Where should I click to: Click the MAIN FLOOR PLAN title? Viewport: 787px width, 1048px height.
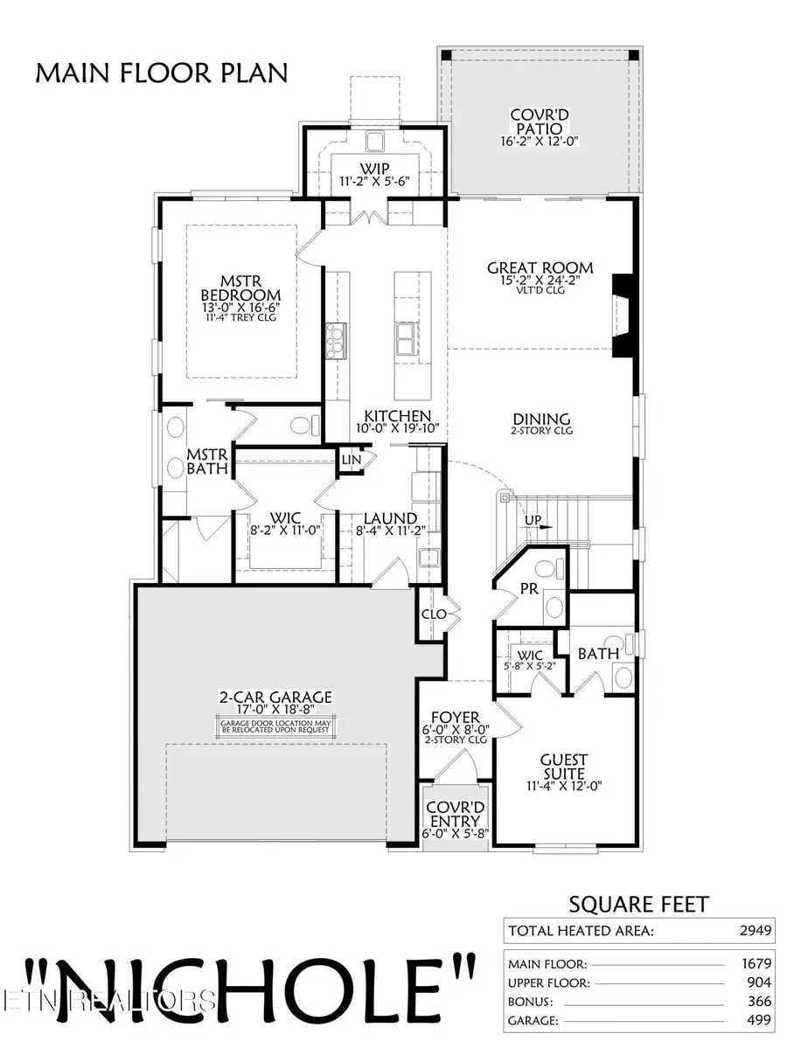tap(161, 73)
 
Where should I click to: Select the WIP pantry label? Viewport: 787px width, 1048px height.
tap(374, 169)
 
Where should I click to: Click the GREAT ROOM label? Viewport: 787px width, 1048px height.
tap(540, 268)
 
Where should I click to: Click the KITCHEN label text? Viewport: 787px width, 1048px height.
tap(398, 416)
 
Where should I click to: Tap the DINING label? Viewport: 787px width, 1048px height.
tap(541, 420)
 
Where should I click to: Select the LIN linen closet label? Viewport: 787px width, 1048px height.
tap(351, 459)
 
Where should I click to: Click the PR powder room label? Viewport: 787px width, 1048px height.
tap(528, 589)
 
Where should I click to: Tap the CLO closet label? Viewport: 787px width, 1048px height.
tap(434, 614)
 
